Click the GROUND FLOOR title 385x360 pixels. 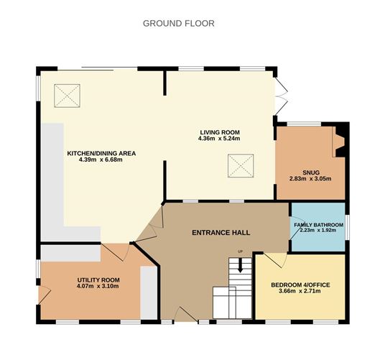click(x=178, y=23)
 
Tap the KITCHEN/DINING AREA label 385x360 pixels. click(x=101, y=153)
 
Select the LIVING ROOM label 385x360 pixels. click(x=219, y=131)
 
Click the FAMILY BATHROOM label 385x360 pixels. click(x=318, y=225)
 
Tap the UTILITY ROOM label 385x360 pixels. click(x=98, y=280)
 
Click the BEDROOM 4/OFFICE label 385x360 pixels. click(x=300, y=285)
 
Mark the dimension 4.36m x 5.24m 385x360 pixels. click(x=219, y=138)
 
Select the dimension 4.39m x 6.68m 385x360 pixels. click(x=101, y=160)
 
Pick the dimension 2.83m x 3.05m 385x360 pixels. click(x=310, y=179)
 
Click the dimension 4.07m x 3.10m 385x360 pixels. click(x=98, y=286)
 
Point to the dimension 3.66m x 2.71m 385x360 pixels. click(x=300, y=292)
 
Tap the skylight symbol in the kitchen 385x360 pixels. click(x=69, y=93)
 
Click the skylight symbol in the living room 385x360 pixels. click(x=241, y=168)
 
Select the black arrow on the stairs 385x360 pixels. click(x=241, y=264)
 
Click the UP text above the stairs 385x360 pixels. click(x=241, y=251)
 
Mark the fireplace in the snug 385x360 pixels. click(x=339, y=141)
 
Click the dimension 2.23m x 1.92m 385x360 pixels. click(x=318, y=231)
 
